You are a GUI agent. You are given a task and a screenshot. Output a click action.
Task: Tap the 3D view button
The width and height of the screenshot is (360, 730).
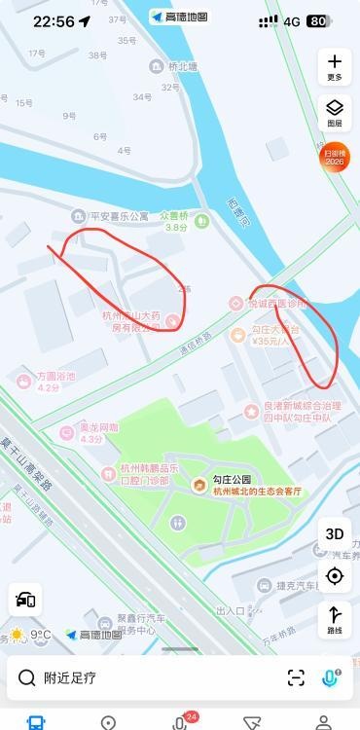[335, 533]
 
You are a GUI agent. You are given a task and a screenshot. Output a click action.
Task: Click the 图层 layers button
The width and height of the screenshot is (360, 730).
[335, 112]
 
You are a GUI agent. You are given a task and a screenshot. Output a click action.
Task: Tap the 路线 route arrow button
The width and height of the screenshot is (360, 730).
[335, 619]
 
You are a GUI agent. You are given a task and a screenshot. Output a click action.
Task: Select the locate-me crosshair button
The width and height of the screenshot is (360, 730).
[335, 575]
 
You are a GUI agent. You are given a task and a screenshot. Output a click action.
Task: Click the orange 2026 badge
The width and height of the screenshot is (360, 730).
[335, 156]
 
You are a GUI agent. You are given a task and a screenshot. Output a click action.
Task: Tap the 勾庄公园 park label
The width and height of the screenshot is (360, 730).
[234, 480]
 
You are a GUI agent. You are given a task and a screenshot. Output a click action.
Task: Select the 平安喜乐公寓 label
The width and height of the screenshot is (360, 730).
[119, 216]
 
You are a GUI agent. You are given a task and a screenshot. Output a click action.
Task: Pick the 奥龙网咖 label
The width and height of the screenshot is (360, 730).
[97, 427]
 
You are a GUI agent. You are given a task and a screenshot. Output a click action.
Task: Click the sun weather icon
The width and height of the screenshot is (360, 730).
[17, 635]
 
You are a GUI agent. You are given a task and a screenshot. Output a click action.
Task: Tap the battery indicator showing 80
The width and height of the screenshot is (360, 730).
[317, 21]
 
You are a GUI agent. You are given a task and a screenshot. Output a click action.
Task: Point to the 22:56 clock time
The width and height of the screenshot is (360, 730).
[53, 21]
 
